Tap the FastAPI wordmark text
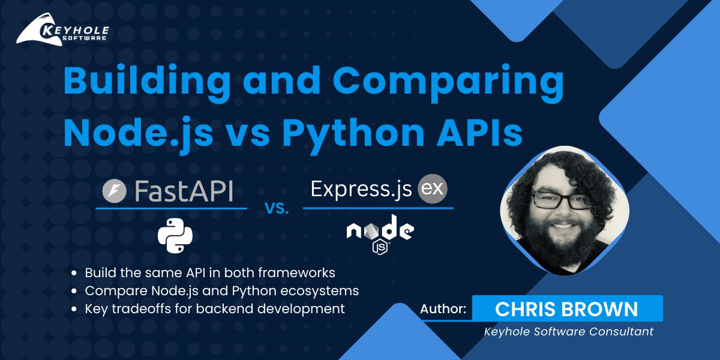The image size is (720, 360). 184,191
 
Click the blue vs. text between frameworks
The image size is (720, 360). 277,209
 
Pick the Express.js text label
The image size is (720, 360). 361,190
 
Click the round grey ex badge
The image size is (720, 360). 433,189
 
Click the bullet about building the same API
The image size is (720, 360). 209,272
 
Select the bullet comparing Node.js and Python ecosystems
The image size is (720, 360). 221,291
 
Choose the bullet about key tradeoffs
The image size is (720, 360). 214,309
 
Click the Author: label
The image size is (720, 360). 443,309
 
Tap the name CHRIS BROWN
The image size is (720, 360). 566,309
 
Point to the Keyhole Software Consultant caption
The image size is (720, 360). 568,331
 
